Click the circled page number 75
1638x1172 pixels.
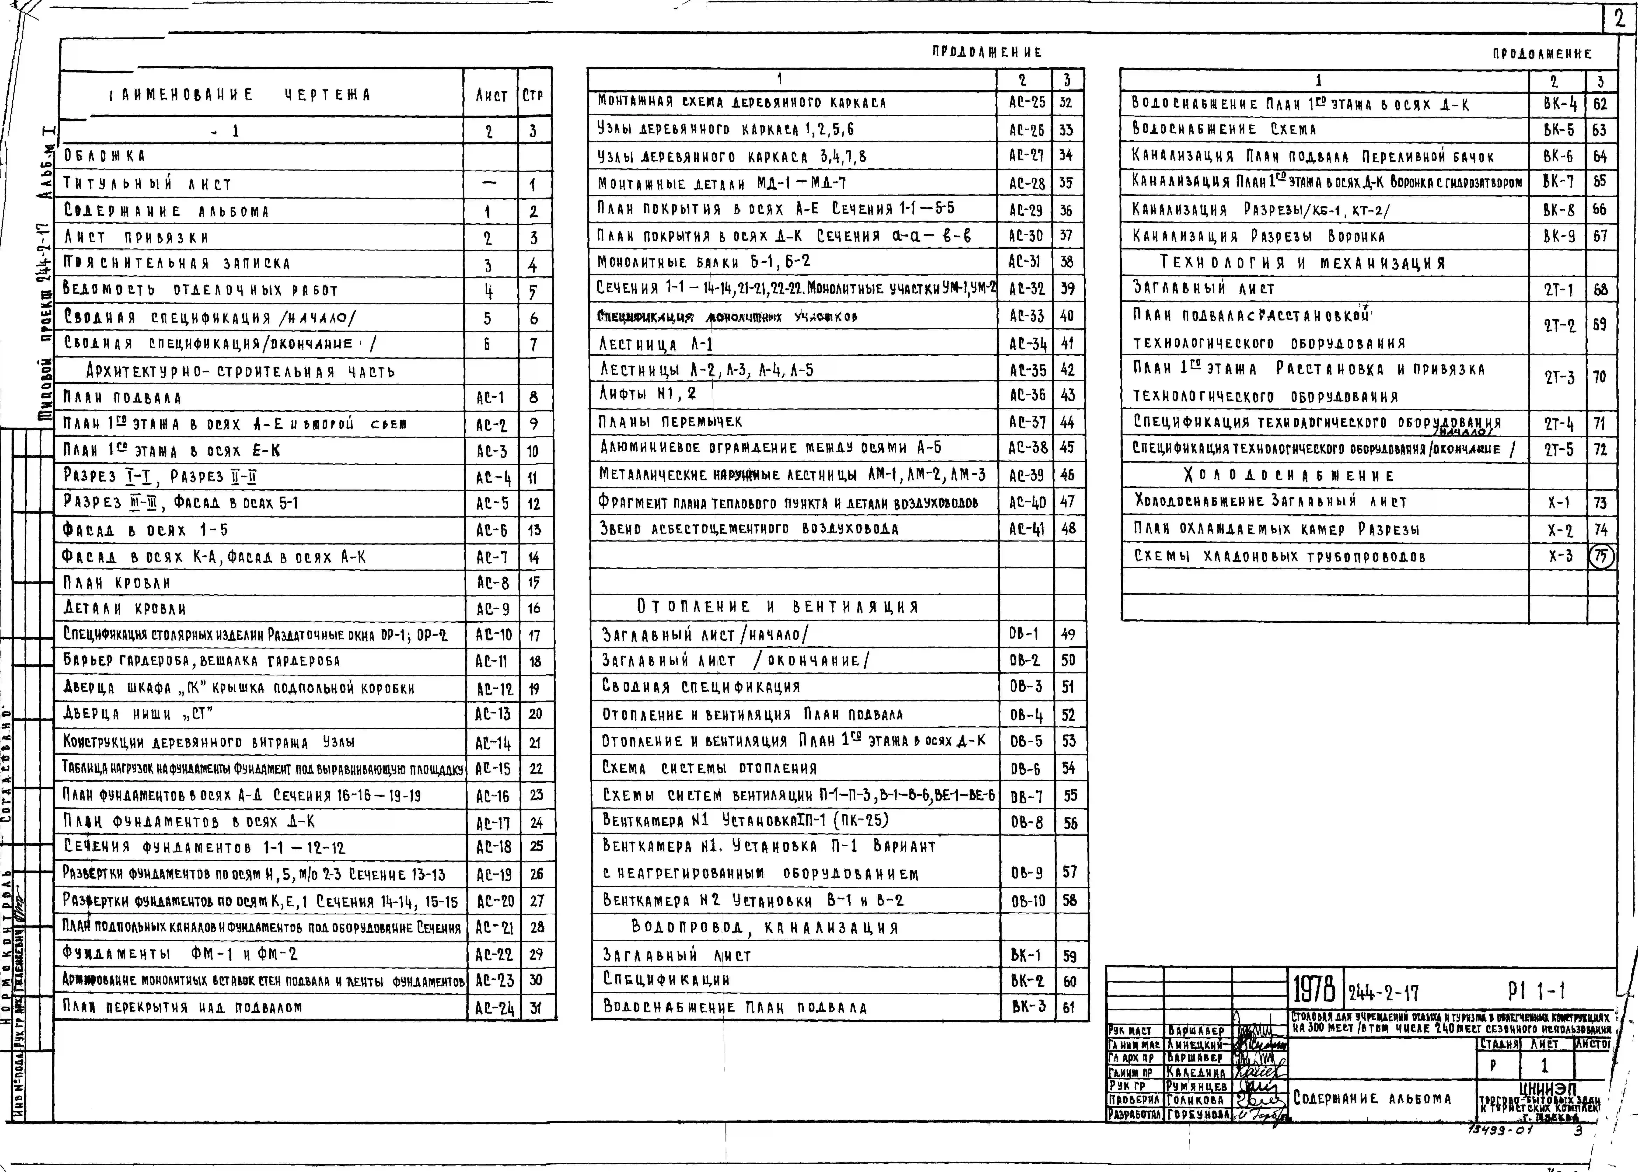(1601, 556)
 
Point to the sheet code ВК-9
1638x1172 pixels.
(1559, 236)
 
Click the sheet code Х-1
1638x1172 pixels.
(1559, 503)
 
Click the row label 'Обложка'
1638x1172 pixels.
(105, 156)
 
